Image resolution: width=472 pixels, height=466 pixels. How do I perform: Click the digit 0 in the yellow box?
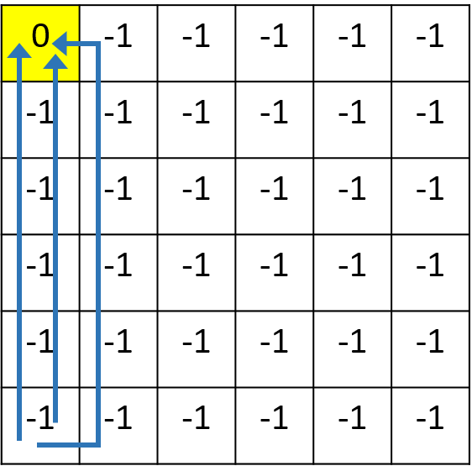[40, 36]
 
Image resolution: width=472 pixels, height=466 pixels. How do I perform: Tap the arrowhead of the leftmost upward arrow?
[19, 50]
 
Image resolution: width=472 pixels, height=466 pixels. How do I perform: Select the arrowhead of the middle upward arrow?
[55, 60]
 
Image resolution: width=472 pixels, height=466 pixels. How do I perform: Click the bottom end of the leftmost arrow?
[19, 438]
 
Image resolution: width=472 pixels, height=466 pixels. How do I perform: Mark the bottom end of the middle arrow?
[55, 421]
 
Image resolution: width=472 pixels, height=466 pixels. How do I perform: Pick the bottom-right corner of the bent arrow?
[97, 444]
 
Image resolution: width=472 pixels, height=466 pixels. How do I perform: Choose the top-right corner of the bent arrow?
[97, 44]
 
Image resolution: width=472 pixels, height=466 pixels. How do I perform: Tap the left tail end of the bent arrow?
[39, 444]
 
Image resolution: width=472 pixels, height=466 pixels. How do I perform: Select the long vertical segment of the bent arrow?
[97, 243]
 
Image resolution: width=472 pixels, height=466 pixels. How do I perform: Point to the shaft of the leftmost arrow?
[19, 252]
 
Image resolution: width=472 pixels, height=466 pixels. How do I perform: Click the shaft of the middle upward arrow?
[55, 252]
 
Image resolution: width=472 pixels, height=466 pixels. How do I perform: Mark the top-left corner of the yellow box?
[3, 7]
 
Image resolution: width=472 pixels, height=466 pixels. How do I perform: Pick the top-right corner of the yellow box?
[77, 7]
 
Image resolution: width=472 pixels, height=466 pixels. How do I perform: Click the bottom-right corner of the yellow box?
[77, 79]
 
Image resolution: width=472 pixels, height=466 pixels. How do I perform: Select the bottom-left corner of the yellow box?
[3, 79]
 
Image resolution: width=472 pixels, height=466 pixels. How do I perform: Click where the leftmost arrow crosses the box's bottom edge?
[19, 80]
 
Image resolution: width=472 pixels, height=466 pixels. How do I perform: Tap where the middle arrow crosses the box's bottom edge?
[55, 80]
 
